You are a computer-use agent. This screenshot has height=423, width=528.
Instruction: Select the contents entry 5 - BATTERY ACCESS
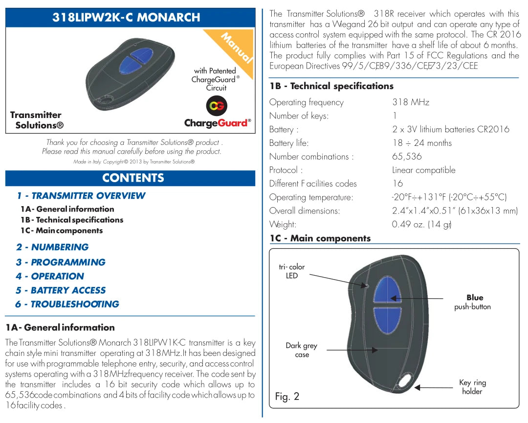(x=61, y=290)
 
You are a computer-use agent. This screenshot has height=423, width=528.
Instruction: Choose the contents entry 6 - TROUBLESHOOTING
(x=67, y=304)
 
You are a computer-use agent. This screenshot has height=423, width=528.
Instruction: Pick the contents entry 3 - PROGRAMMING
(x=61, y=262)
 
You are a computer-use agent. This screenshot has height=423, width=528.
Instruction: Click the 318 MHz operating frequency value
(x=411, y=102)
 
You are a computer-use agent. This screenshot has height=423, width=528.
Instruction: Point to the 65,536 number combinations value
(x=407, y=157)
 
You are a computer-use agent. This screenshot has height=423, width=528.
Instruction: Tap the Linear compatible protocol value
(x=423, y=170)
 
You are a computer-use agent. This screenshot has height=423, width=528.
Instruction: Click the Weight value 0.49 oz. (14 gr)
(x=421, y=225)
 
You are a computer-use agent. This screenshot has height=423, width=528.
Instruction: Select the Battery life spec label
(x=289, y=143)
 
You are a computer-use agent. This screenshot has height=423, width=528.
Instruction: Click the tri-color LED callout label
(x=292, y=271)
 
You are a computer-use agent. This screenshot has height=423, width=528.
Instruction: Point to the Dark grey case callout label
(x=302, y=350)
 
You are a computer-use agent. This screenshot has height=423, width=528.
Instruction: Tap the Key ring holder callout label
(x=472, y=387)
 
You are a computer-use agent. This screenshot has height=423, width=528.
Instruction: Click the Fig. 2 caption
(x=287, y=397)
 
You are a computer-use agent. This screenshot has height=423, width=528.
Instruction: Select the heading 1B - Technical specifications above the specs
(x=332, y=86)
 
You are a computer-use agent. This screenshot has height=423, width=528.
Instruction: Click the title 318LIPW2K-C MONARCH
(x=126, y=17)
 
